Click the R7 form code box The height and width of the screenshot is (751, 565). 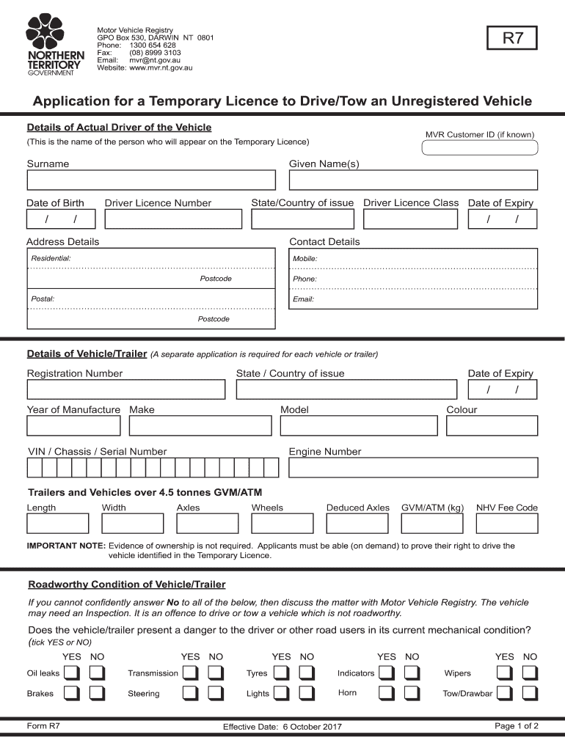[x=512, y=38]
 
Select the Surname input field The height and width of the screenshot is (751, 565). [x=151, y=180]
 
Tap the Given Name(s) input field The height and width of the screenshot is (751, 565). [x=413, y=180]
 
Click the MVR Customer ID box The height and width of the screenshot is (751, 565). [x=480, y=148]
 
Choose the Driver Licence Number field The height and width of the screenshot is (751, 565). [x=172, y=219]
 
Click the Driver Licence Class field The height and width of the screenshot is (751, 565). [x=411, y=219]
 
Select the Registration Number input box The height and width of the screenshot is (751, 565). [x=126, y=389]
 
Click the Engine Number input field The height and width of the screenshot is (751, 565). [x=413, y=468]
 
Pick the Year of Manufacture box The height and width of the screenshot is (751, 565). [x=74, y=426]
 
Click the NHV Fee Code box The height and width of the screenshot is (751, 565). [x=507, y=523]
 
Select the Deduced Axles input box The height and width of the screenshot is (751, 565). [x=357, y=523]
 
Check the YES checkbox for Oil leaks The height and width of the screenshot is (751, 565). [x=72, y=673]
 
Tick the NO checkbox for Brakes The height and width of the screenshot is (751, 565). [x=97, y=693]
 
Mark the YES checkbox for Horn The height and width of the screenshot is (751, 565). [x=387, y=693]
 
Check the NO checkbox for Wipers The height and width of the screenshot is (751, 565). [x=530, y=673]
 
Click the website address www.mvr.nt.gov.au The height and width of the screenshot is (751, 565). [x=161, y=67]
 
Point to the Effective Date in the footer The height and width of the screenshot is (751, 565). [x=282, y=727]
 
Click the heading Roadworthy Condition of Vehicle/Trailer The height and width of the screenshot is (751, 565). [x=127, y=585]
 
